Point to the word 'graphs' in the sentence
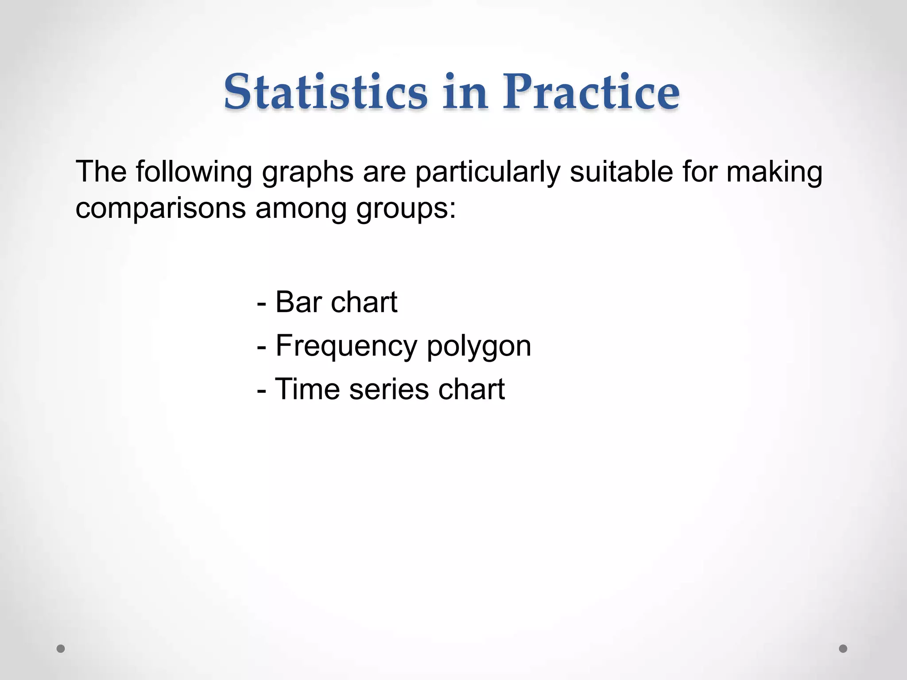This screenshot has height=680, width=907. point(307,173)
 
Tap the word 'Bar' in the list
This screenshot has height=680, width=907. point(298,302)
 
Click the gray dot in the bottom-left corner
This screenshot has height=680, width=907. point(61,649)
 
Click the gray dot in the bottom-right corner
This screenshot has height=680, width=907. point(843,649)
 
